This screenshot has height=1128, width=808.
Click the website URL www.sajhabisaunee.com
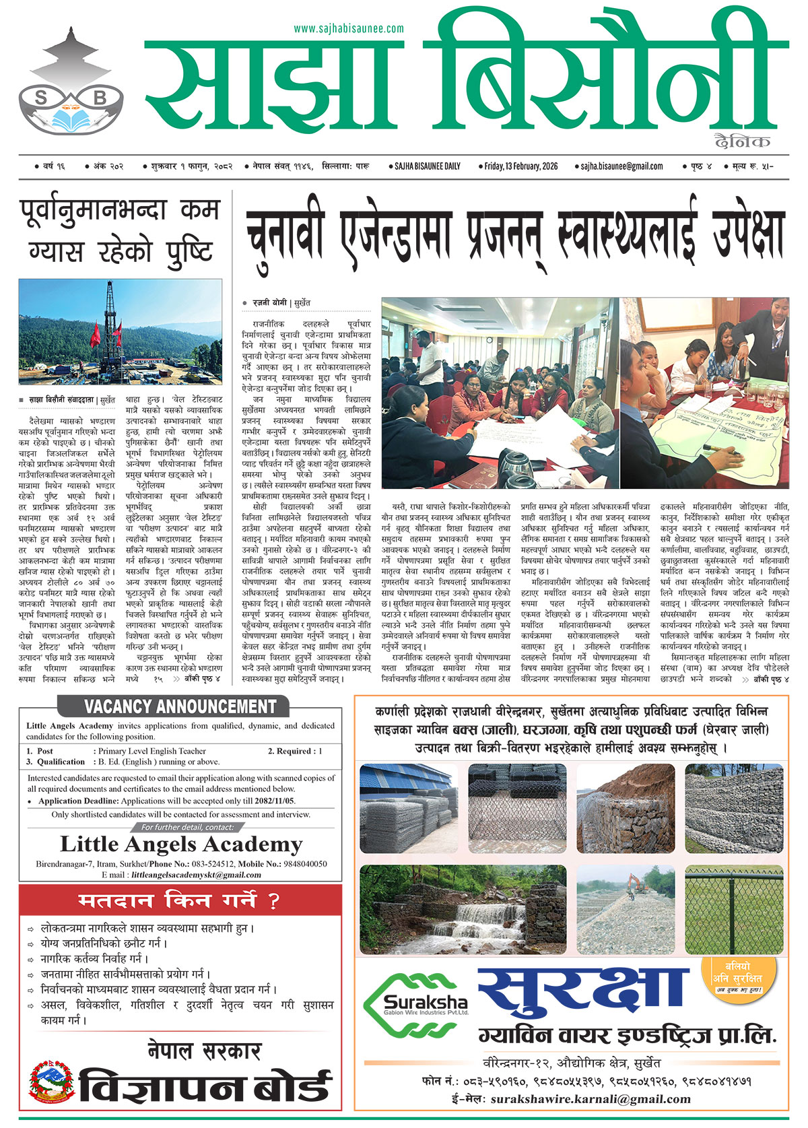[349, 28]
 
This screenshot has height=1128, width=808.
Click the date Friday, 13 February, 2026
[520, 166]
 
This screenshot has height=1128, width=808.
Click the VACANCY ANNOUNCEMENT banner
[180, 706]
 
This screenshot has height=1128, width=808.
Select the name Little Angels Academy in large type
[180, 844]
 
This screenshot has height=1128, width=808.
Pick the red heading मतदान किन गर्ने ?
[179, 900]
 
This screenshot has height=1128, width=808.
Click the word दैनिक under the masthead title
[743, 141]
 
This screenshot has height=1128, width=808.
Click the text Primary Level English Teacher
[151, 751]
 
